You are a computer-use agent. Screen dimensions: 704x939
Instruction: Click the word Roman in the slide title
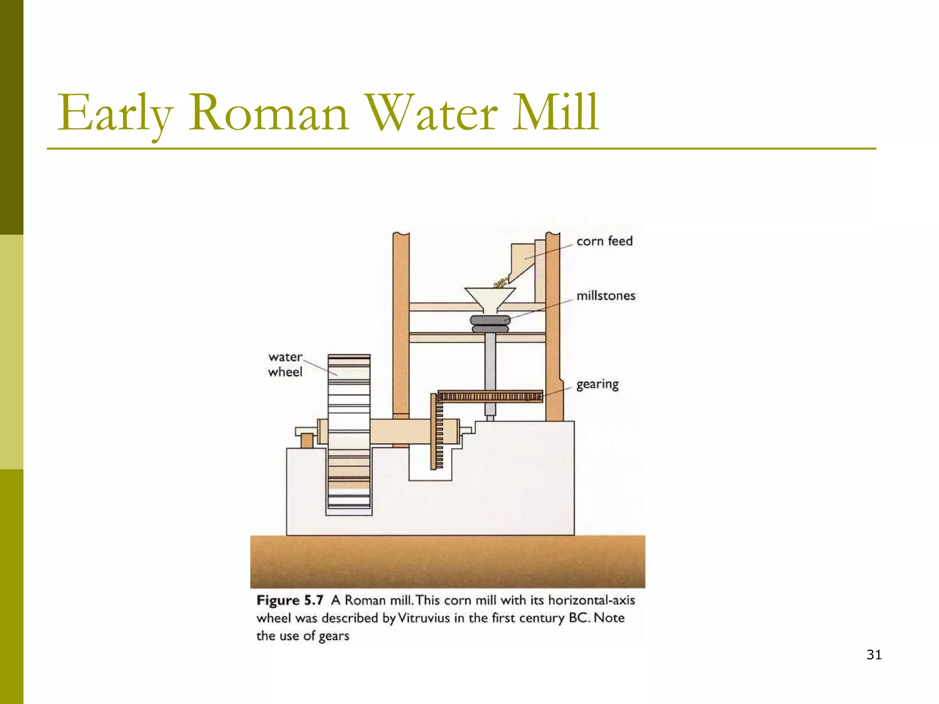268,113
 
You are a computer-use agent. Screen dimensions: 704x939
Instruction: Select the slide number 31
874,655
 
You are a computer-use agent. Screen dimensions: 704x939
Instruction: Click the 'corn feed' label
604,241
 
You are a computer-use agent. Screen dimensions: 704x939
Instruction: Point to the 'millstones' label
606,296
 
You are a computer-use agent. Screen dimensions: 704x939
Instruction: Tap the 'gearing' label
597,384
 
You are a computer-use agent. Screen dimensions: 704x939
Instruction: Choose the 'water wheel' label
285,364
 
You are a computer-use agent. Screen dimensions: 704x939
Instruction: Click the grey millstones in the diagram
490,324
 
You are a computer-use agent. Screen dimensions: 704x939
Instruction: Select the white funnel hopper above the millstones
490,298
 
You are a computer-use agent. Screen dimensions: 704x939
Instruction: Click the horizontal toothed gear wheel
490,396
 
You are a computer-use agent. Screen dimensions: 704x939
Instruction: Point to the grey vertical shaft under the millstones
490,362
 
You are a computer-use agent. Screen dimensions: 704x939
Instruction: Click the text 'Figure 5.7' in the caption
290,600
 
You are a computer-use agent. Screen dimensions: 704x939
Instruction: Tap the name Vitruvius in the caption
424,618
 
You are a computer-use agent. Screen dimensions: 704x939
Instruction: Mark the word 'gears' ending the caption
334,636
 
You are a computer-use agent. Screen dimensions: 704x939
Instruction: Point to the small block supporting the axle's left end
307,441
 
